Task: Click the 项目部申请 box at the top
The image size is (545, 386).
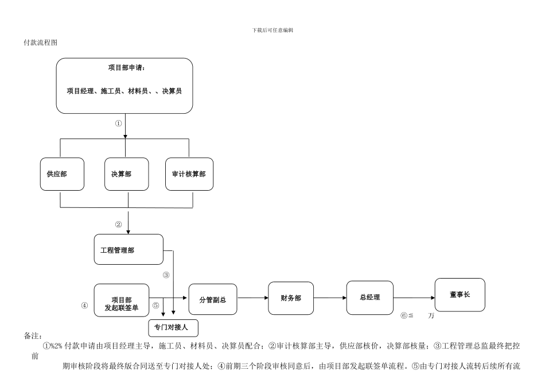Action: click(124, 85)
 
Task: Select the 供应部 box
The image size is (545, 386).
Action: click(62, 173)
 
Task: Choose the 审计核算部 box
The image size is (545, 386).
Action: click(189, 173)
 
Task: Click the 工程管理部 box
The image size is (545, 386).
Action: click(129, 249)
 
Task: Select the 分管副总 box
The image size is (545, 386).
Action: click(212, 300)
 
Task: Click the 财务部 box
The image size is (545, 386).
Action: click(291, 298)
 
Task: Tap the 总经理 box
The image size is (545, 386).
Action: click(369, 298)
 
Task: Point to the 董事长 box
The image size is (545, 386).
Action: click(460, 295)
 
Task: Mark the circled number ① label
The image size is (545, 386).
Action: click(119, 123)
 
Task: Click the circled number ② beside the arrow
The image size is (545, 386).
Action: click(119, 224)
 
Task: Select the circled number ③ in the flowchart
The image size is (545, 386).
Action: click(166, 275)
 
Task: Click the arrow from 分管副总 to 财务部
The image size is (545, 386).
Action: click(252, 298)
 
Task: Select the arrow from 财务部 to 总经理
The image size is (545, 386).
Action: click(330, 298)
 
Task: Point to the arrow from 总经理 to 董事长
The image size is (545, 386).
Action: click(414, 298)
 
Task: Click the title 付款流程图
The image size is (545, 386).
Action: click(40, 43)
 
